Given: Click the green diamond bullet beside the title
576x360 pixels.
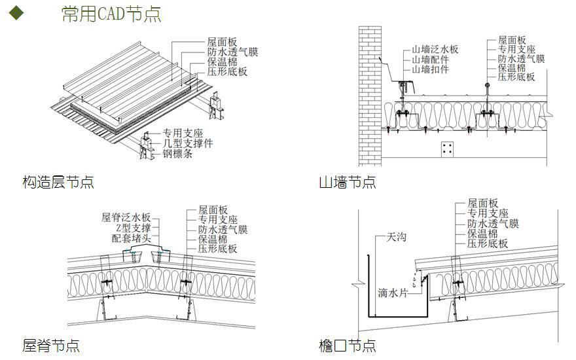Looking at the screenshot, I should click(16, 13).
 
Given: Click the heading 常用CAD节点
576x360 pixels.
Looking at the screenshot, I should click(111, 14).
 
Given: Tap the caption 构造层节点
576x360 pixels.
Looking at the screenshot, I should click(58, 182).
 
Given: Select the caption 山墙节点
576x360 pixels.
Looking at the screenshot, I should click(348, 182).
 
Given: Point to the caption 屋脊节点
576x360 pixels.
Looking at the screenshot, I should click(51, 345).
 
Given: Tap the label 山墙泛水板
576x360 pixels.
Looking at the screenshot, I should click(435, 49).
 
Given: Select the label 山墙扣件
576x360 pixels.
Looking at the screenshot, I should click(430, 69).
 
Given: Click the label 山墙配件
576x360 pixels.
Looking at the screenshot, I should click(430, 60).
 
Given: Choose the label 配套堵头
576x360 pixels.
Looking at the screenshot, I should click(131, 239).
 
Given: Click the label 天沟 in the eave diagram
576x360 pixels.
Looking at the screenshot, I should click(396, 236).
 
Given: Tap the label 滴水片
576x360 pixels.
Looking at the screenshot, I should click(393, 293).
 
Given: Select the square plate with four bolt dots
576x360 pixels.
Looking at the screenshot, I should click(448, 149).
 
